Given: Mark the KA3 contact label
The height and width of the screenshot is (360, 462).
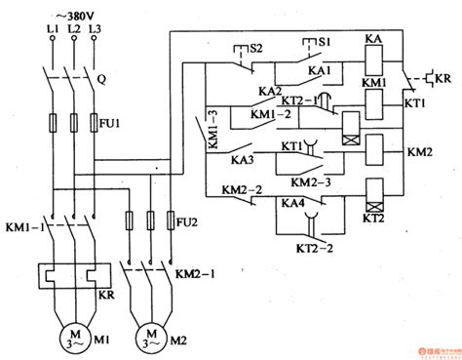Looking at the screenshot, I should point(242,159).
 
